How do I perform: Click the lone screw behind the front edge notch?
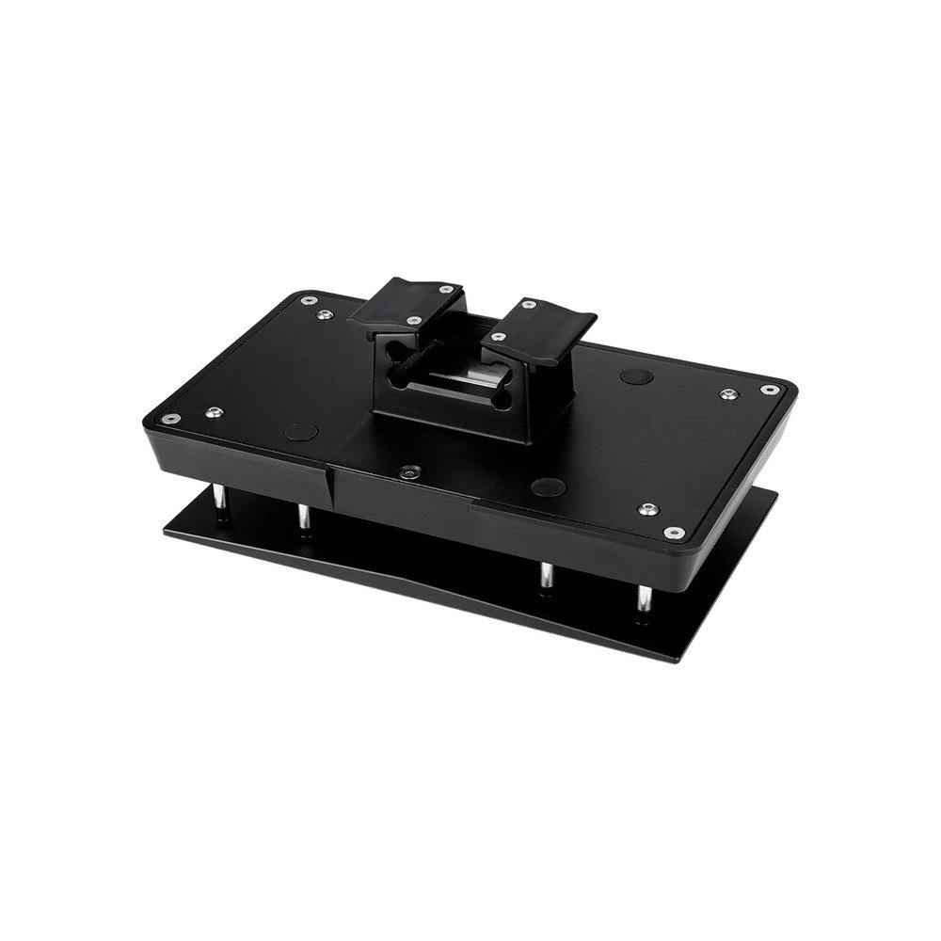[x=407, y=473]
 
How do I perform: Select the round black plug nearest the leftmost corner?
[x=301, y=432]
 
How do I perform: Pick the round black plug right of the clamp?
[x=637, y=376]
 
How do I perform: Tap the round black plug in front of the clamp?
[x=548, y=486]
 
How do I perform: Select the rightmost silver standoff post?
[x=643, y=600]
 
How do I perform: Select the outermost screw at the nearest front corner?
[x=672, y=533]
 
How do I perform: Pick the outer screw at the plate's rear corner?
[x=308, y=301]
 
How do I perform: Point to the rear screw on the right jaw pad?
[x=530, y=305]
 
